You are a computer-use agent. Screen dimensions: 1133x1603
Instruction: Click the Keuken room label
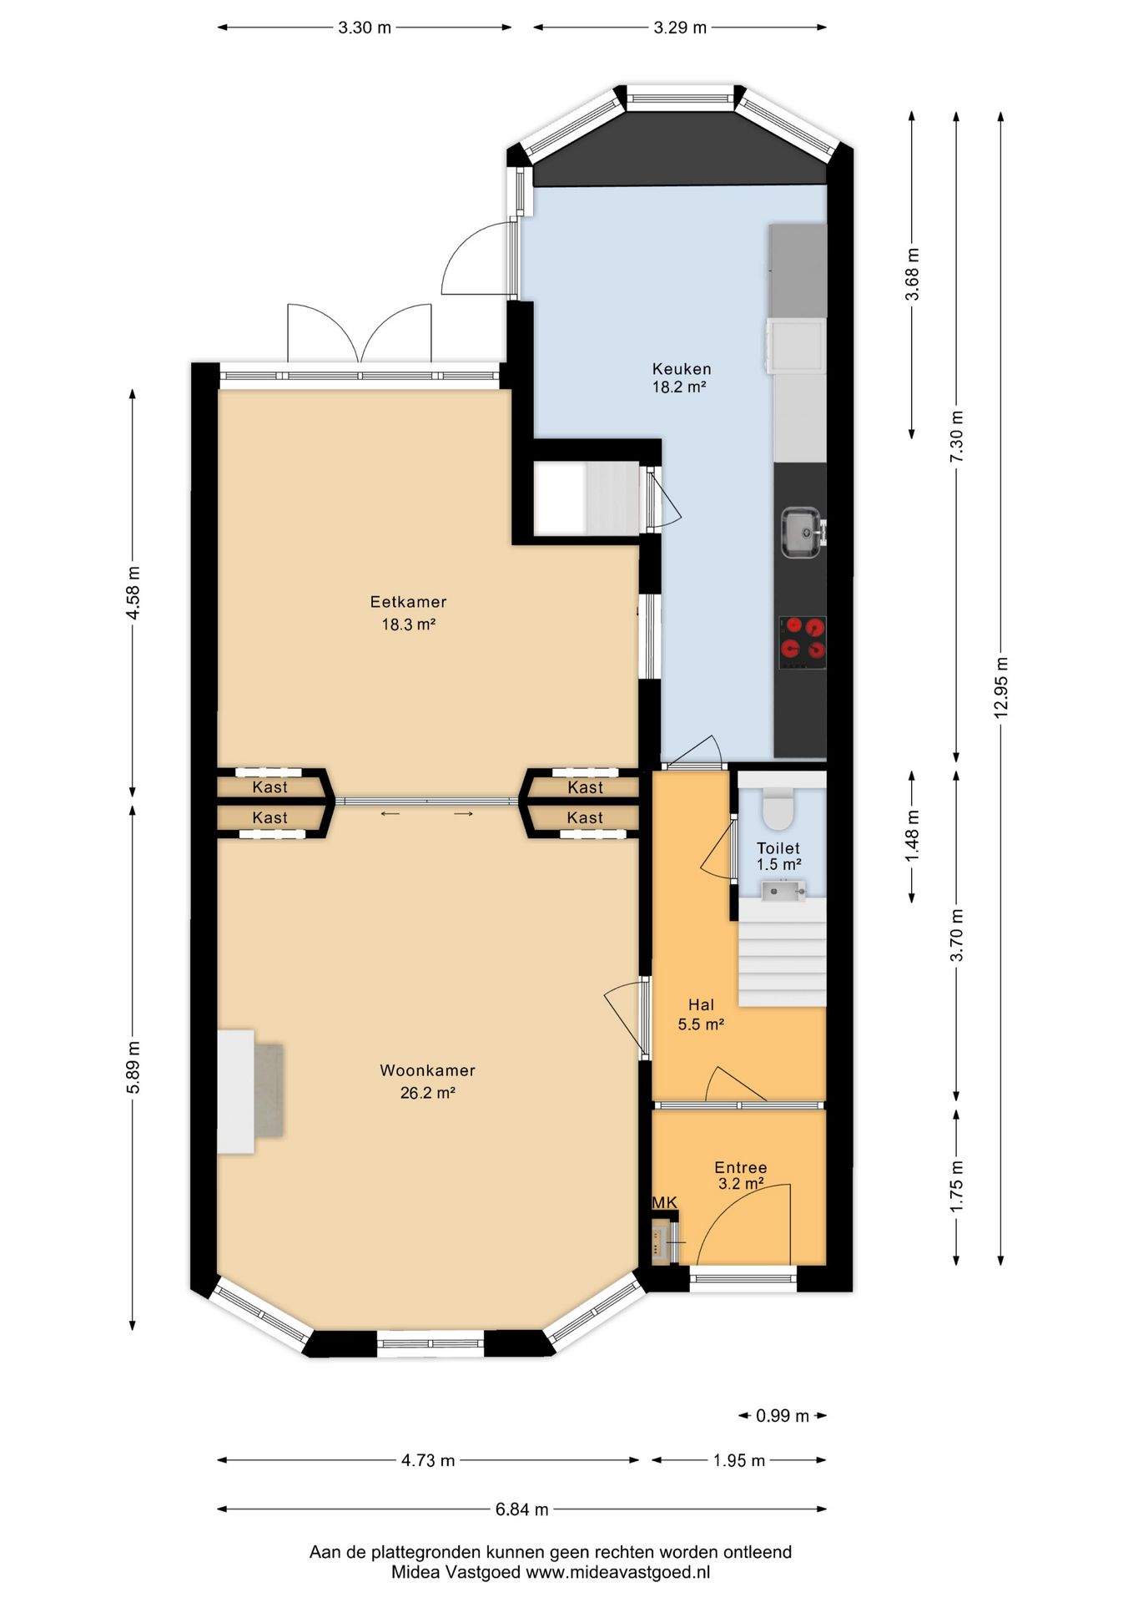682,377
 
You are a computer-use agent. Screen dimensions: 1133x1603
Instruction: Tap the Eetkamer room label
408,612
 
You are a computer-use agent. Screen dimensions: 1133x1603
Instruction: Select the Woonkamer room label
427,1081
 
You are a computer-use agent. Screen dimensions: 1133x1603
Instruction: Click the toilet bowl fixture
778,807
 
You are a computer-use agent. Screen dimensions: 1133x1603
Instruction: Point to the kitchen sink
802,532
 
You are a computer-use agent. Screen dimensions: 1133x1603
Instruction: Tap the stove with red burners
803,642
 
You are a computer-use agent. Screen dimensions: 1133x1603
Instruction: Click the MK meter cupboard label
664,1202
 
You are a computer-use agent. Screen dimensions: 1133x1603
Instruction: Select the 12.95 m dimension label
1001,687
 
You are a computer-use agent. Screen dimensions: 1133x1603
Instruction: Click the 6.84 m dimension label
522,1509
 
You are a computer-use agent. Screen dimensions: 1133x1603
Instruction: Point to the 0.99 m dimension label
783,1415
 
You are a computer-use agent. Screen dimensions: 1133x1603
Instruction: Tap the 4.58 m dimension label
133,593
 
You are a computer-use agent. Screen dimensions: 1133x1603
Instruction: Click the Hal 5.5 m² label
701,1014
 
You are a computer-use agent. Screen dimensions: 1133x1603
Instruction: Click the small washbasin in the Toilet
783,891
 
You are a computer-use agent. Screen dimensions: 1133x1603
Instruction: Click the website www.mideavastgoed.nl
617,1572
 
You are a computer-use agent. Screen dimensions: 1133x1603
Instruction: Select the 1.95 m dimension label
739,1460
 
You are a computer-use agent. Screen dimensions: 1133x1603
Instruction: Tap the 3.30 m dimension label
365,28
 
